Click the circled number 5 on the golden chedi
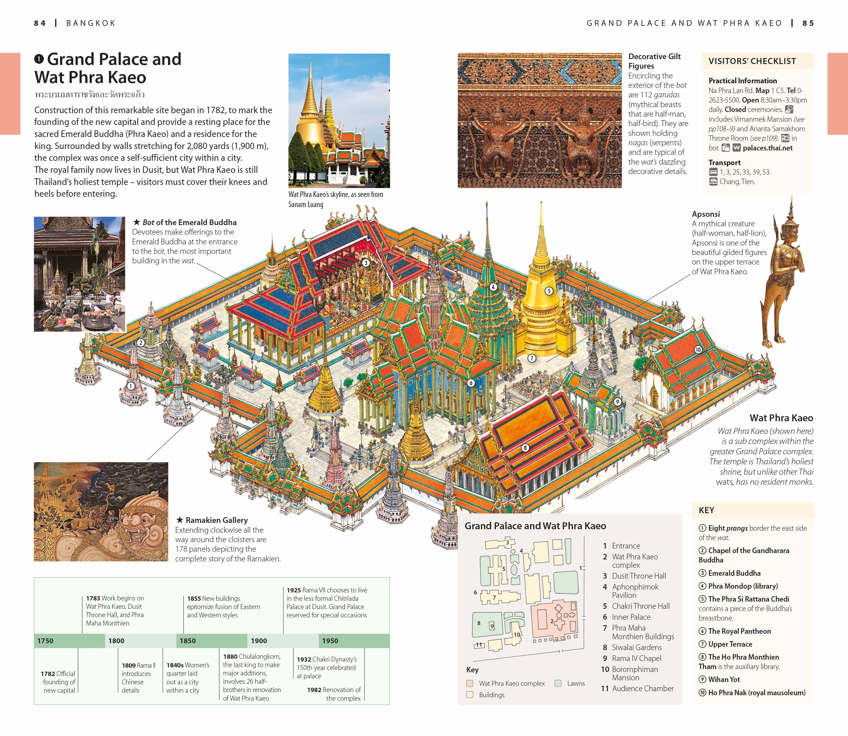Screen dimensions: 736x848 tap(549, 291)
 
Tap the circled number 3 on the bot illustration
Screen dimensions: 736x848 tap(366, 263)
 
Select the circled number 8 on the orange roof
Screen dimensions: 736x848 tap(525, 448)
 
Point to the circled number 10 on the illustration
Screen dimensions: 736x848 tap(698, 349)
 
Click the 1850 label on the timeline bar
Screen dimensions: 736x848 tap(188, 641)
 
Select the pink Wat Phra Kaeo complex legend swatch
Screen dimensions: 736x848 tap(470, 683)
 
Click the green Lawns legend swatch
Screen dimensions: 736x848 tap(558, 683)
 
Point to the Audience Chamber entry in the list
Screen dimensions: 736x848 tap(643, 688)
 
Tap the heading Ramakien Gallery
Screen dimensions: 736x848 tap(217, 520)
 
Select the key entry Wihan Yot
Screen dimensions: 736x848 tap(724, 679)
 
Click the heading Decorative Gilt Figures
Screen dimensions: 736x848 tap(654, 61)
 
